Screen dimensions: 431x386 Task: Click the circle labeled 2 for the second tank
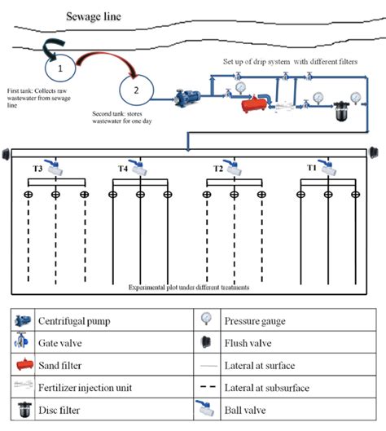pyautogui.click(x=135, y=90)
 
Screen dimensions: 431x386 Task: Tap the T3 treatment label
pyautogui.click(x=37, y=168)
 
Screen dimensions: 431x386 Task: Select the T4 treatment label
pyautogui.click(x=122, y=169)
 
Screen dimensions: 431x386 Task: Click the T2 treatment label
pyautogui.click(x=218, y=168)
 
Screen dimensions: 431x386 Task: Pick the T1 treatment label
pyautogui.click(x=311, y=168)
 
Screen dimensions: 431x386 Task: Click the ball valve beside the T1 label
pyautogui.click(x=327, y=168)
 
